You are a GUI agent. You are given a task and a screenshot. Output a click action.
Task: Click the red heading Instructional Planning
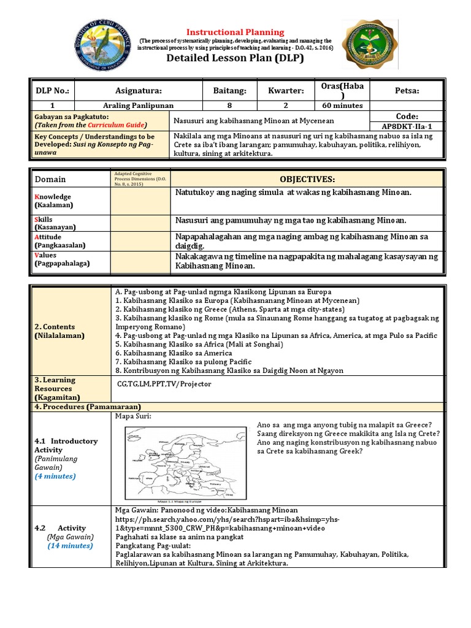[x=235, y=32]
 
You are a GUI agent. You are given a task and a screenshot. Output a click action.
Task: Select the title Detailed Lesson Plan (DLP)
[x=235, y=59]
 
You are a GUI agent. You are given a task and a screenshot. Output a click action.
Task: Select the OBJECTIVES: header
[x=307, y=178]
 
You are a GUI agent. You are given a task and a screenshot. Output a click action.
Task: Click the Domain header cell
[x=50, y=179]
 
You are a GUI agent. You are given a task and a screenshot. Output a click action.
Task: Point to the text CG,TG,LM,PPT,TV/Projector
[x=164, y=384]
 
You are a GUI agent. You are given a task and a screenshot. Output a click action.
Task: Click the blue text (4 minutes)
[x=56, y=475]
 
